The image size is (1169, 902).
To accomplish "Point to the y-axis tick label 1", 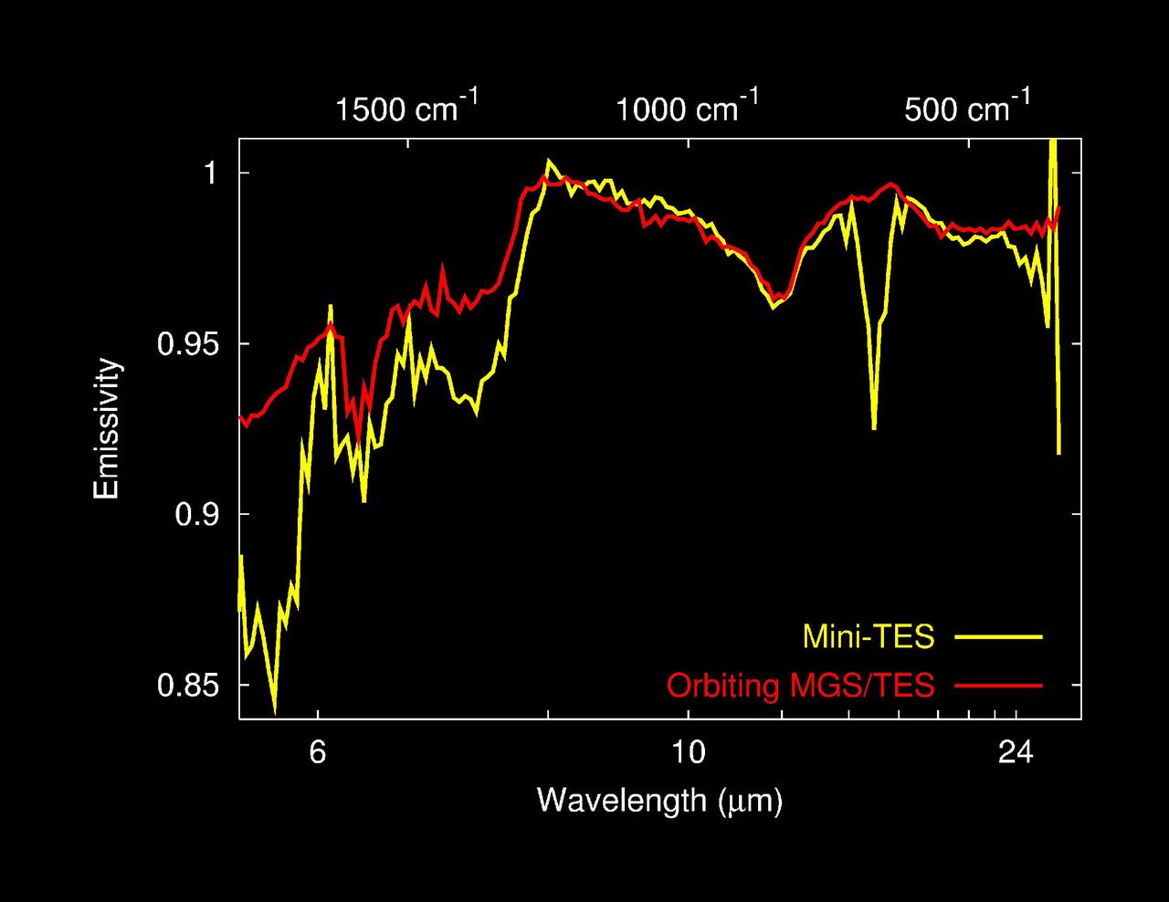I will (211, 173).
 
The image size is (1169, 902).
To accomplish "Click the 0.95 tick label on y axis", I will (189, 344).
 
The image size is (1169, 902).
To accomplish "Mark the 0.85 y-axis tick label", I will (189, 686).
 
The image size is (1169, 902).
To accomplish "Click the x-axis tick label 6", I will (318, 753).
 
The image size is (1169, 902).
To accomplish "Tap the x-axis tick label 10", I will (688, 753).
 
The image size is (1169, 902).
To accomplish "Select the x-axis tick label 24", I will (1016, 753).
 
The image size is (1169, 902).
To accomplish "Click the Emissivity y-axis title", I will (107, 429).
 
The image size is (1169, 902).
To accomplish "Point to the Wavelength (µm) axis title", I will (659, 800).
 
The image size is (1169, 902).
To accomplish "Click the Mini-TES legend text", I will (869, 636).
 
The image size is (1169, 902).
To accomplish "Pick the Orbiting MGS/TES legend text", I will (801, 685).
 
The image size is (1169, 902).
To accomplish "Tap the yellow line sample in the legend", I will (998, 636).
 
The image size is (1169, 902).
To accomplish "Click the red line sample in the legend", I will (998, 685).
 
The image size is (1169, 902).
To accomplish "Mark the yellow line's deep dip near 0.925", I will (874, 428).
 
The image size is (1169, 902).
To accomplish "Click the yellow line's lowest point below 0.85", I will (275, 708).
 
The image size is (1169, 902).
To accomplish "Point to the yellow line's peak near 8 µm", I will (549, 162).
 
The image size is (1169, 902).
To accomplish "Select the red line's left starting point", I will (240, 417).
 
